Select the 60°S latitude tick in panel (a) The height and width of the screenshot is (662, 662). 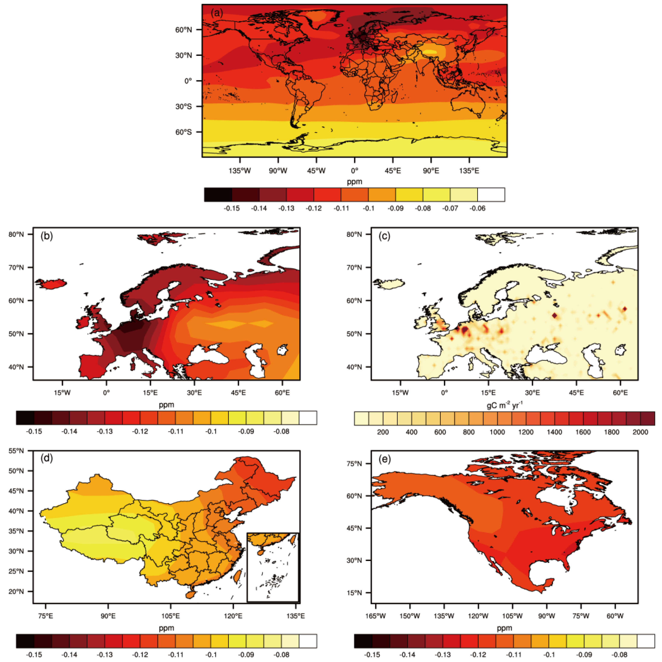point(184,132)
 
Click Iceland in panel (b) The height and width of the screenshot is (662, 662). point(51,284)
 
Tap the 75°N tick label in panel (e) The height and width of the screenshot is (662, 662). point(354,464)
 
